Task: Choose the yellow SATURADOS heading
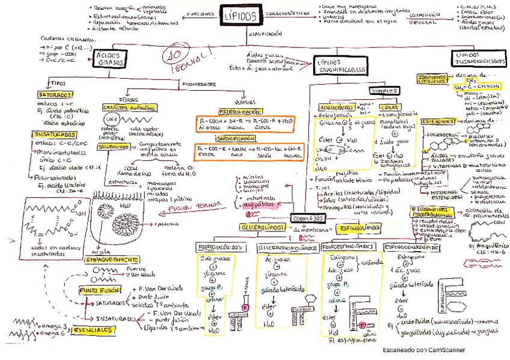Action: click(55, 95)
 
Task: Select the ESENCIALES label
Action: click(94, 330)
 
